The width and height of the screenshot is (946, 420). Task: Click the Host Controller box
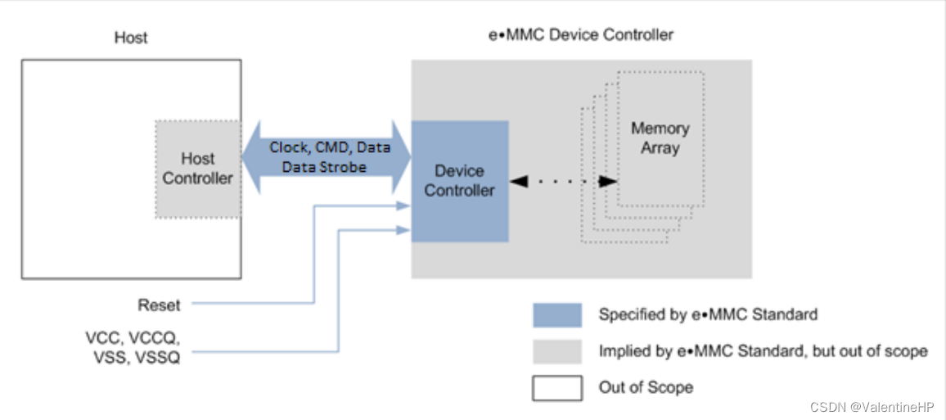point(198,169)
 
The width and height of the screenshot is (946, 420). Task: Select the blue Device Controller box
point(459,181)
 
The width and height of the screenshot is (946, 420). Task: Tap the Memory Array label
point(660,138)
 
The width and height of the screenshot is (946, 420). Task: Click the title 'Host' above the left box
point(131,38)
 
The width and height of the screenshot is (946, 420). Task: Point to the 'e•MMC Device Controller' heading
point(580,35)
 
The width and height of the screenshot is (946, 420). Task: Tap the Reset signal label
point(159,305)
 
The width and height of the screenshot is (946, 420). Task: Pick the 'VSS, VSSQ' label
point(132,359)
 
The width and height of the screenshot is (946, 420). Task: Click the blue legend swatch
point(556,315)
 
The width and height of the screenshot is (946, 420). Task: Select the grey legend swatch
point(556,351)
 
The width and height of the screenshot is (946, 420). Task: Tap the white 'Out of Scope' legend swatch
point(556,387)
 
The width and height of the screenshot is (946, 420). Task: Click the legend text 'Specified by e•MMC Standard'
point(707,314)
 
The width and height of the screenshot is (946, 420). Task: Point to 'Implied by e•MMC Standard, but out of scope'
point(763,351)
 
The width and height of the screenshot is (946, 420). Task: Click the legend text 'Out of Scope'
point(646,387)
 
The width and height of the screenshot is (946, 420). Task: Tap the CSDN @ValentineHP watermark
point(873,407)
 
